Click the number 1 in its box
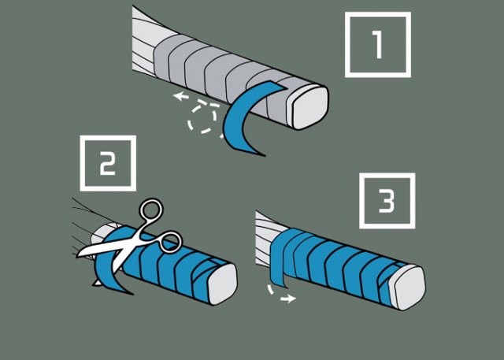379,45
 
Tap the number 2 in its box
107,163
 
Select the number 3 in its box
387,201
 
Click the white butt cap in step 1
309,106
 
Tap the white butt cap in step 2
222,283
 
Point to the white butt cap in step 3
410,288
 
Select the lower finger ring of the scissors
170,242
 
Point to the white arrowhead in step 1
180,95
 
